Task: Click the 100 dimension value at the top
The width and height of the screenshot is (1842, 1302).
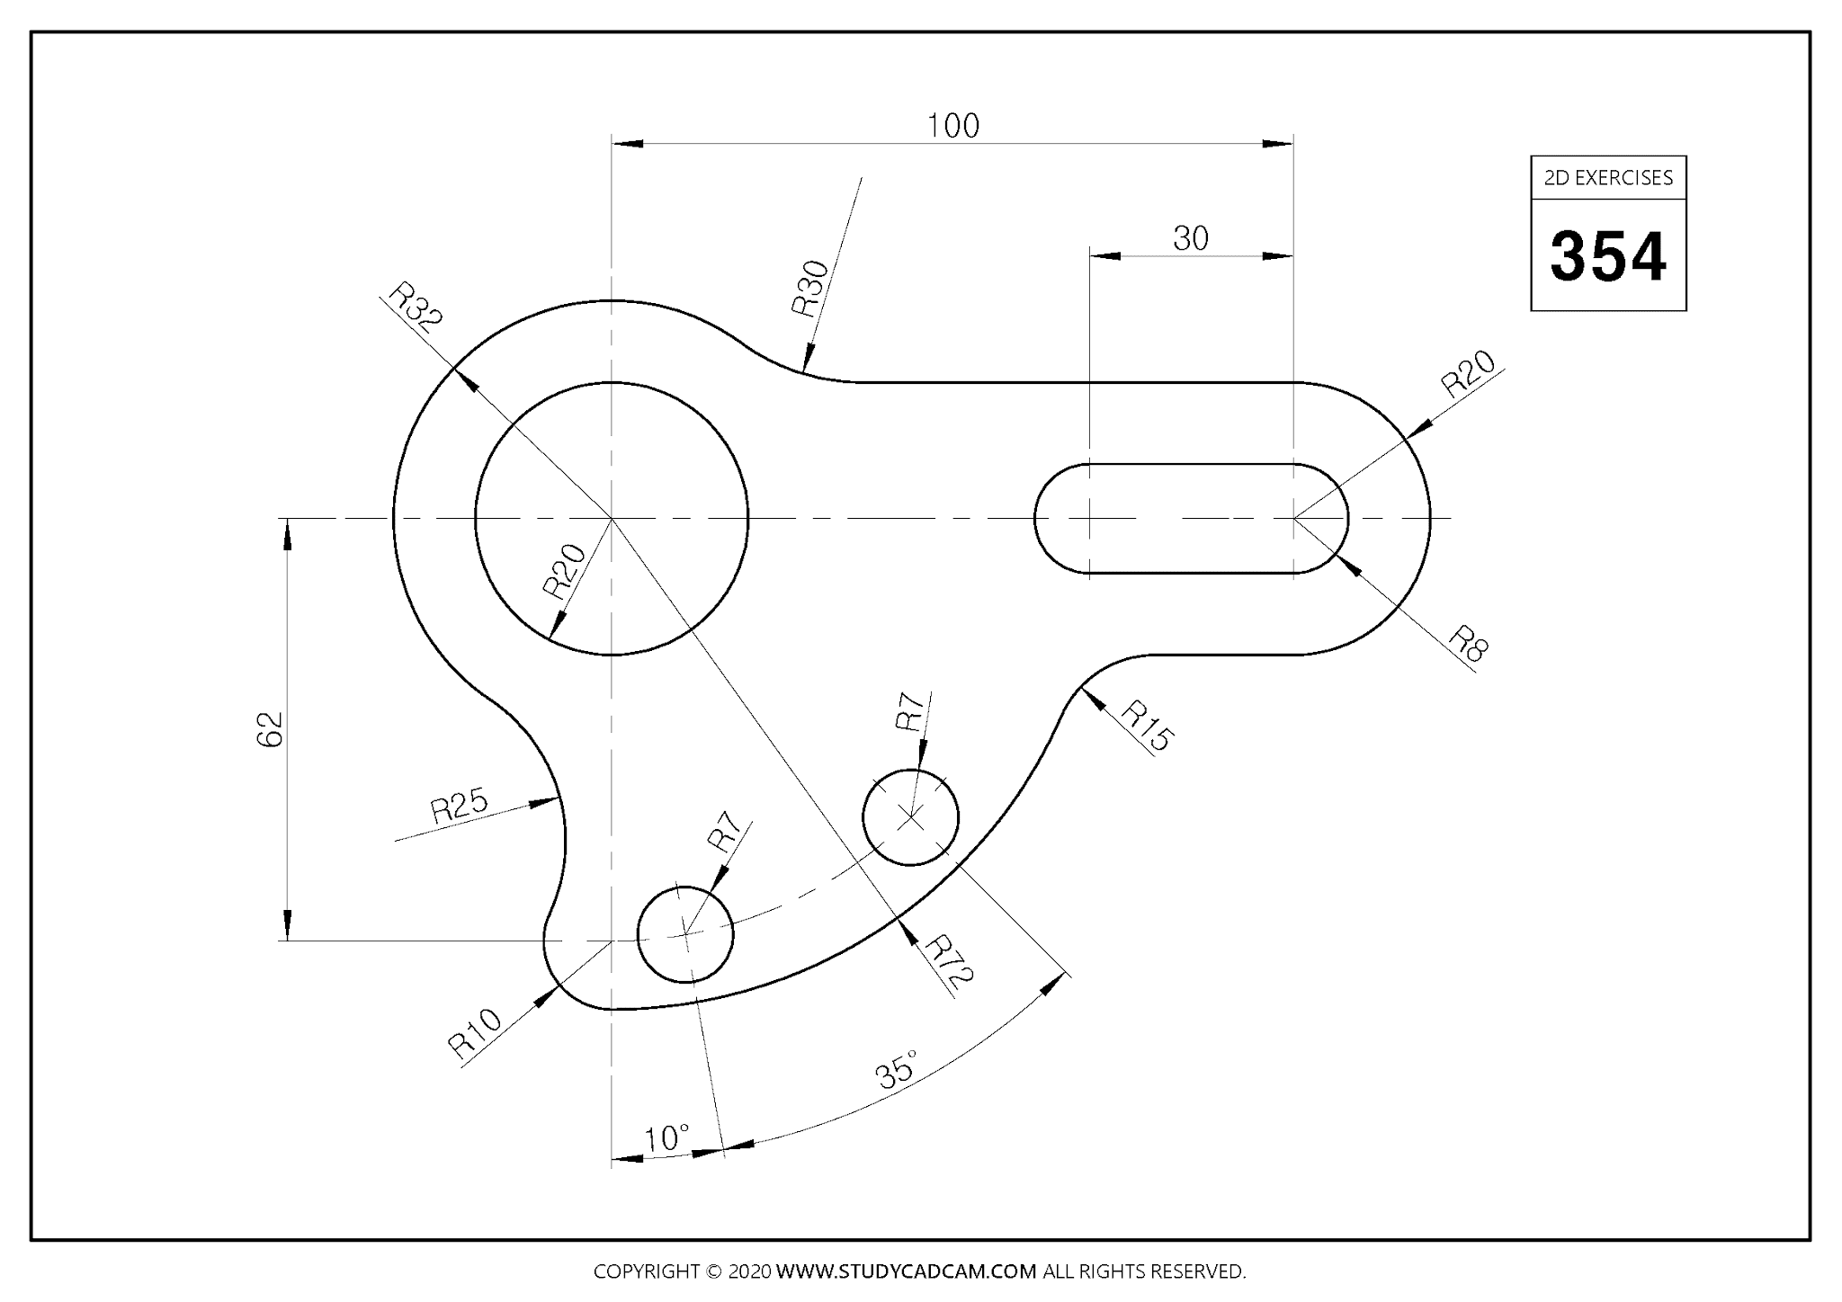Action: [x=952, y=126]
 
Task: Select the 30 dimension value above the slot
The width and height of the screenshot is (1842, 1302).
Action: [x=1190, y=238]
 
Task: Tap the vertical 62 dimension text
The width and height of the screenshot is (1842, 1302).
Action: [x=270, y=728]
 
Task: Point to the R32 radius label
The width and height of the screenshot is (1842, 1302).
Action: [x=416, y=308]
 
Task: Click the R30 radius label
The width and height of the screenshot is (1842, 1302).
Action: [x=810, y=289]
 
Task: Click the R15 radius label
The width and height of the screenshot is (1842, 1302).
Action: [x=1147, y=725]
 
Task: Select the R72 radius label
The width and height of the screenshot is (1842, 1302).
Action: [x=950, y=961]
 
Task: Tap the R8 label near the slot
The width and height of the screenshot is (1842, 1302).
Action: [x=1468, y=644]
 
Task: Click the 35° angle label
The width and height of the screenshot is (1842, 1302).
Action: [x=897, y=1069]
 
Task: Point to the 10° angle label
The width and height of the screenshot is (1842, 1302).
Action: [x=667, y=1138]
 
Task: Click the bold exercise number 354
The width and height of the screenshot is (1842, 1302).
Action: [x=1608, y=257]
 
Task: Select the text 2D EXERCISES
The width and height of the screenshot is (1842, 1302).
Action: [x=1608, y=178]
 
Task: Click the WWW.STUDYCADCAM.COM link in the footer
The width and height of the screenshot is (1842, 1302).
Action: [x=906, y=1271]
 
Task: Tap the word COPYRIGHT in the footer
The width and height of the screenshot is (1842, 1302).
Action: [x=647, y=1271]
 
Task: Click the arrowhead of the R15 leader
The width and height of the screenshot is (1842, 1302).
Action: [x=1087, y=693]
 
